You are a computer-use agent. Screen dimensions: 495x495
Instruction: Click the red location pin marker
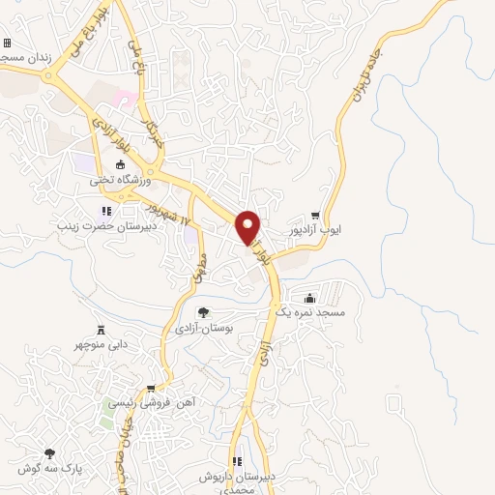(x=248, y=227)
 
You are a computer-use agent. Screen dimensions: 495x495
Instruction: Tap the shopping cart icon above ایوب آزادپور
(x=314, y=215)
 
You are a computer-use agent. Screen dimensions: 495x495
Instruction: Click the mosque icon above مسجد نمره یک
(x=308, y=298)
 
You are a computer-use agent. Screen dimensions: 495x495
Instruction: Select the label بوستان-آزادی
(x=203, y=328)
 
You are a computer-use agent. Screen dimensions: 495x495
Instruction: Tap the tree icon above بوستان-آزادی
(x=203, y=311)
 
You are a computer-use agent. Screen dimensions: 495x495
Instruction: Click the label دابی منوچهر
(x=100, y=344)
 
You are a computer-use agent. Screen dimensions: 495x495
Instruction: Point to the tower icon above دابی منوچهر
(x=100, y=329)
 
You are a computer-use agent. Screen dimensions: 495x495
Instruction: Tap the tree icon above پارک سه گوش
(x=48, y=453)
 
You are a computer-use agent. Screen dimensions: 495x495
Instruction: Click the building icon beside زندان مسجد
(x=8, y=44)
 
